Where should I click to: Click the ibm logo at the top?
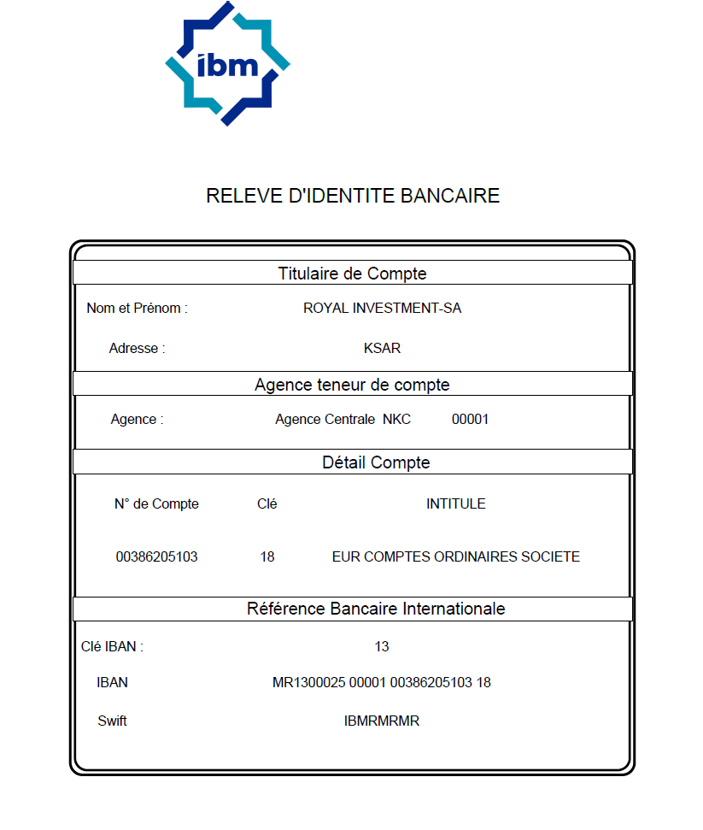(x=227, y=64)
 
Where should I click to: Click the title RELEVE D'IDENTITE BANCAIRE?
(x=352, y=196)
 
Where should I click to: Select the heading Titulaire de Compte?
(x=352, y=274)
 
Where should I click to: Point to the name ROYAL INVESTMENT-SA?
(x=382, y=309)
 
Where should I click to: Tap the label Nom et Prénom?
(x=137, y=309)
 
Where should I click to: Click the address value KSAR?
(x=382, y=349)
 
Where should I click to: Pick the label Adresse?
(x=137, y=349)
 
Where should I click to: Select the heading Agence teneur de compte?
(x=352, y=385)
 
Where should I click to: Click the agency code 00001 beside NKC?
(x=470, y=420)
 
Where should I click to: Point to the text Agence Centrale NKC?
(x=343, y=420)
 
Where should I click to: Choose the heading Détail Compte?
(x=376, y=462)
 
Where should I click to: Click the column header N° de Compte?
(x=156, y=504)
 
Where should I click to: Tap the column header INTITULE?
(x=455, y=504)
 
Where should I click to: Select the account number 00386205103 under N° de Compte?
(x=156, y=557)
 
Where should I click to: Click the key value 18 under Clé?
(x=267, y=557)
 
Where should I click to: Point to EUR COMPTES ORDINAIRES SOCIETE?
(x=455, y=557)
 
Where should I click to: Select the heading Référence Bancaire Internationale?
(x=376, y=609)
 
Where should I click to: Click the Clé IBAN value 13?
(x=382, y=647)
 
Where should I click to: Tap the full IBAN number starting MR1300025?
(x=382, y=683)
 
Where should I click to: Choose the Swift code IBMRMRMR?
(x=382, y=721)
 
